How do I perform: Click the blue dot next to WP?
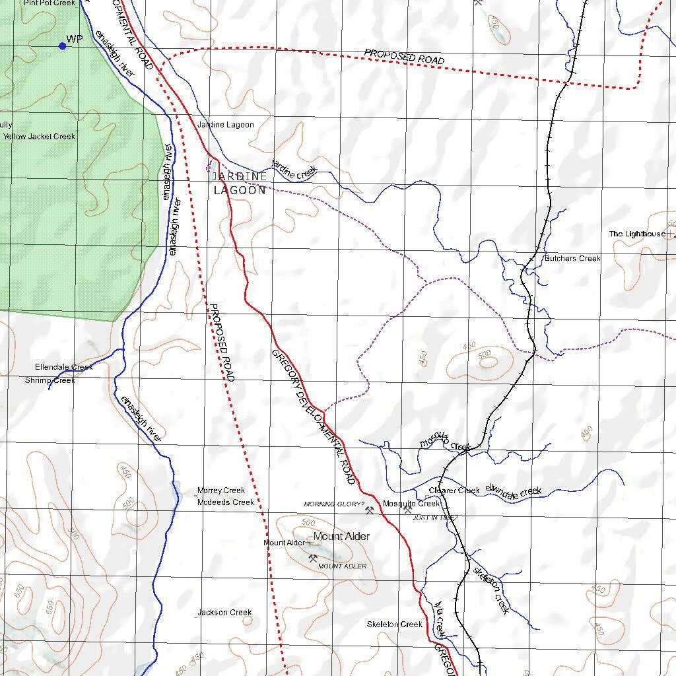(63, 46)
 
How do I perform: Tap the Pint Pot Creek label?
(50, 3)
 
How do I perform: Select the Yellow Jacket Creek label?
(40, 137)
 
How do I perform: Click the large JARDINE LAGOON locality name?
(240, 184)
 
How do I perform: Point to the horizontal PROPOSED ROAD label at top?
(404, 58)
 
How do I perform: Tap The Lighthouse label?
(637, 234)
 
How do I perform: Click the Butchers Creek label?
(572, 259)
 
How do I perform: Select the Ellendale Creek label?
(64, 367)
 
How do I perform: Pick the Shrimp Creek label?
(50, 381)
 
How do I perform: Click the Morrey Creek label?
(221, 491)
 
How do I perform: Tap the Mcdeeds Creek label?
(225, 502)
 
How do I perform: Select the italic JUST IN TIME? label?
(435, 518)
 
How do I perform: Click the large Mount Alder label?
(341, 537)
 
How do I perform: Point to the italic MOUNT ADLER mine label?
(342, 566)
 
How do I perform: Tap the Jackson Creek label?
(224, 613)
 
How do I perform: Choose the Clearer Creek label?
(454, 490)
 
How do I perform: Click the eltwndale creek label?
(514, 491)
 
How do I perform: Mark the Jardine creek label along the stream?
(294, 170)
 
